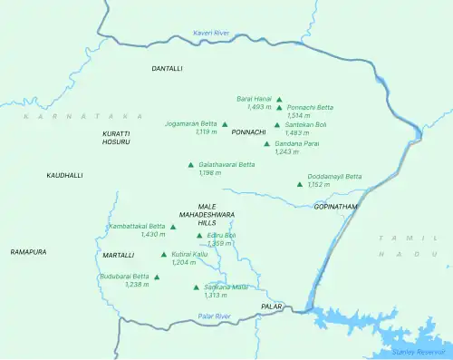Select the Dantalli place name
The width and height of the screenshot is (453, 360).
[167, 68]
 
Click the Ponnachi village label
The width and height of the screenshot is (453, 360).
[249, 132]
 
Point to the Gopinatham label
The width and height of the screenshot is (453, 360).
[336, 207]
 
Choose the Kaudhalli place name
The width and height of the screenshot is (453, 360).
[64, 175]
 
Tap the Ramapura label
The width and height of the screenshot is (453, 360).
[28, 251]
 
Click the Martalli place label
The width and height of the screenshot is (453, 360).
[119, 255]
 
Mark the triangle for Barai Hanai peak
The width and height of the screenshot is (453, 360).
[279, 100]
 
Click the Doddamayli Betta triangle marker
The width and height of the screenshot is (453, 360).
[300, 184]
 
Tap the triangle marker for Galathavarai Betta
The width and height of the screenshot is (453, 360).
[190, 165]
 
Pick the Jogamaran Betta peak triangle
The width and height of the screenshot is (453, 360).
[225, 124]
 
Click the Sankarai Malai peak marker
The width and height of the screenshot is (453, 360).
[197, 287]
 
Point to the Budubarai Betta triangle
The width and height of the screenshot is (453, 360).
[158, 277]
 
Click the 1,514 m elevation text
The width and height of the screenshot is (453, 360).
[299, 116]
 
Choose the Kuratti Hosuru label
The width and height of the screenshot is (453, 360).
[116, 138]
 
